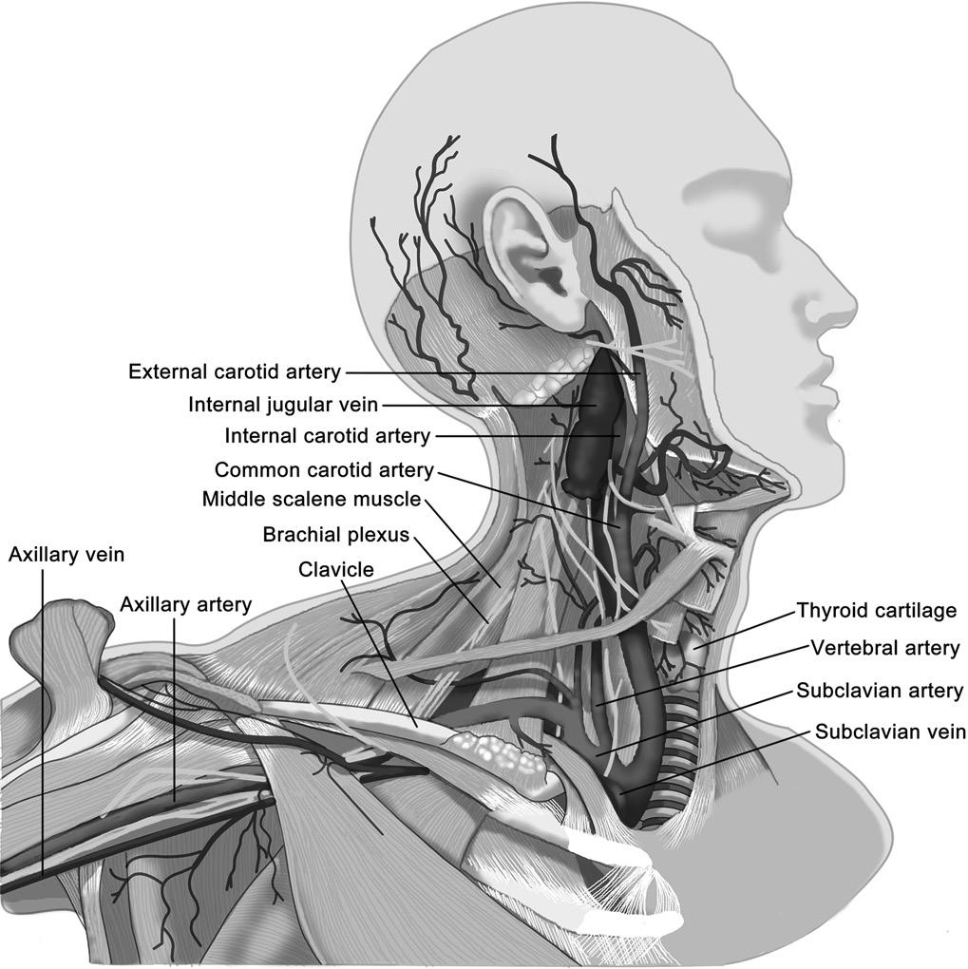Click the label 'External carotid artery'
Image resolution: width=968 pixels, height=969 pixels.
point(235,370)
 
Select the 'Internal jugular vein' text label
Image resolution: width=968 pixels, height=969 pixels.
point(283,405)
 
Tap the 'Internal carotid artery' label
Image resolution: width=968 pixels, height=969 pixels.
point(327,436)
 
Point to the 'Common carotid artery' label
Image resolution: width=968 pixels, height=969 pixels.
point(324,469)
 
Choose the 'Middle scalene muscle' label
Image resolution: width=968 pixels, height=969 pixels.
point(312,500)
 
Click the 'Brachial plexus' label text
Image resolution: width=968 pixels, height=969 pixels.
point(336,535)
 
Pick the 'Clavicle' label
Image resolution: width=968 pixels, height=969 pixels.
point(336,569)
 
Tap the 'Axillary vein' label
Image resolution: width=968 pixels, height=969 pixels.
point(66,554)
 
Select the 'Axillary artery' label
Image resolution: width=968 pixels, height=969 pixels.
point(186,603)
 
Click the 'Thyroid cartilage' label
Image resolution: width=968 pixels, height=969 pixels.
point(876,610)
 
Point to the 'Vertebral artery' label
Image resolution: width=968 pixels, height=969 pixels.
point(885,648)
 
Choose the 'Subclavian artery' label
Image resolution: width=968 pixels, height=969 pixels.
point(880,691)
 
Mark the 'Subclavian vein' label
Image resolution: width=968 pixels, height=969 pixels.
point(890,731)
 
